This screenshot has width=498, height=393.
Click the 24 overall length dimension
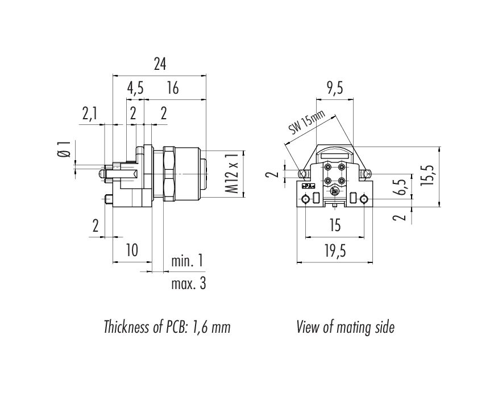tap(160, 64)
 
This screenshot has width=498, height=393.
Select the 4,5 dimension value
tap(135, 88)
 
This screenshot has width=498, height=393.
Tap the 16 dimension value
tap(173, 88)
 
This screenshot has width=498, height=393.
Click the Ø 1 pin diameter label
tap(64, 149)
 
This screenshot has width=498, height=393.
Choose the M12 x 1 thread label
tap(232, 173)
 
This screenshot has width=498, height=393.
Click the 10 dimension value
tap(132, 250)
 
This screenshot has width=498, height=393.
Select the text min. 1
tap(187, 261)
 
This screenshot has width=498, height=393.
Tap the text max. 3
tap(189, 283)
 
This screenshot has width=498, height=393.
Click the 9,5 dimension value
tap(335, 88)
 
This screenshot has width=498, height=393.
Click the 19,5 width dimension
tap(335, 251)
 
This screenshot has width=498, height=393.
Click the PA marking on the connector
tap(307, 186)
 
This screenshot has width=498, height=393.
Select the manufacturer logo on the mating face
tap(334, 191)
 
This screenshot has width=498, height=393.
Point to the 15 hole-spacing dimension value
tap(335, 225)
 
